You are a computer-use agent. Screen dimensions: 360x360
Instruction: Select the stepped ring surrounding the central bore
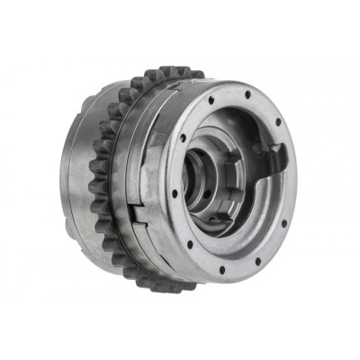pos(212,162)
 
